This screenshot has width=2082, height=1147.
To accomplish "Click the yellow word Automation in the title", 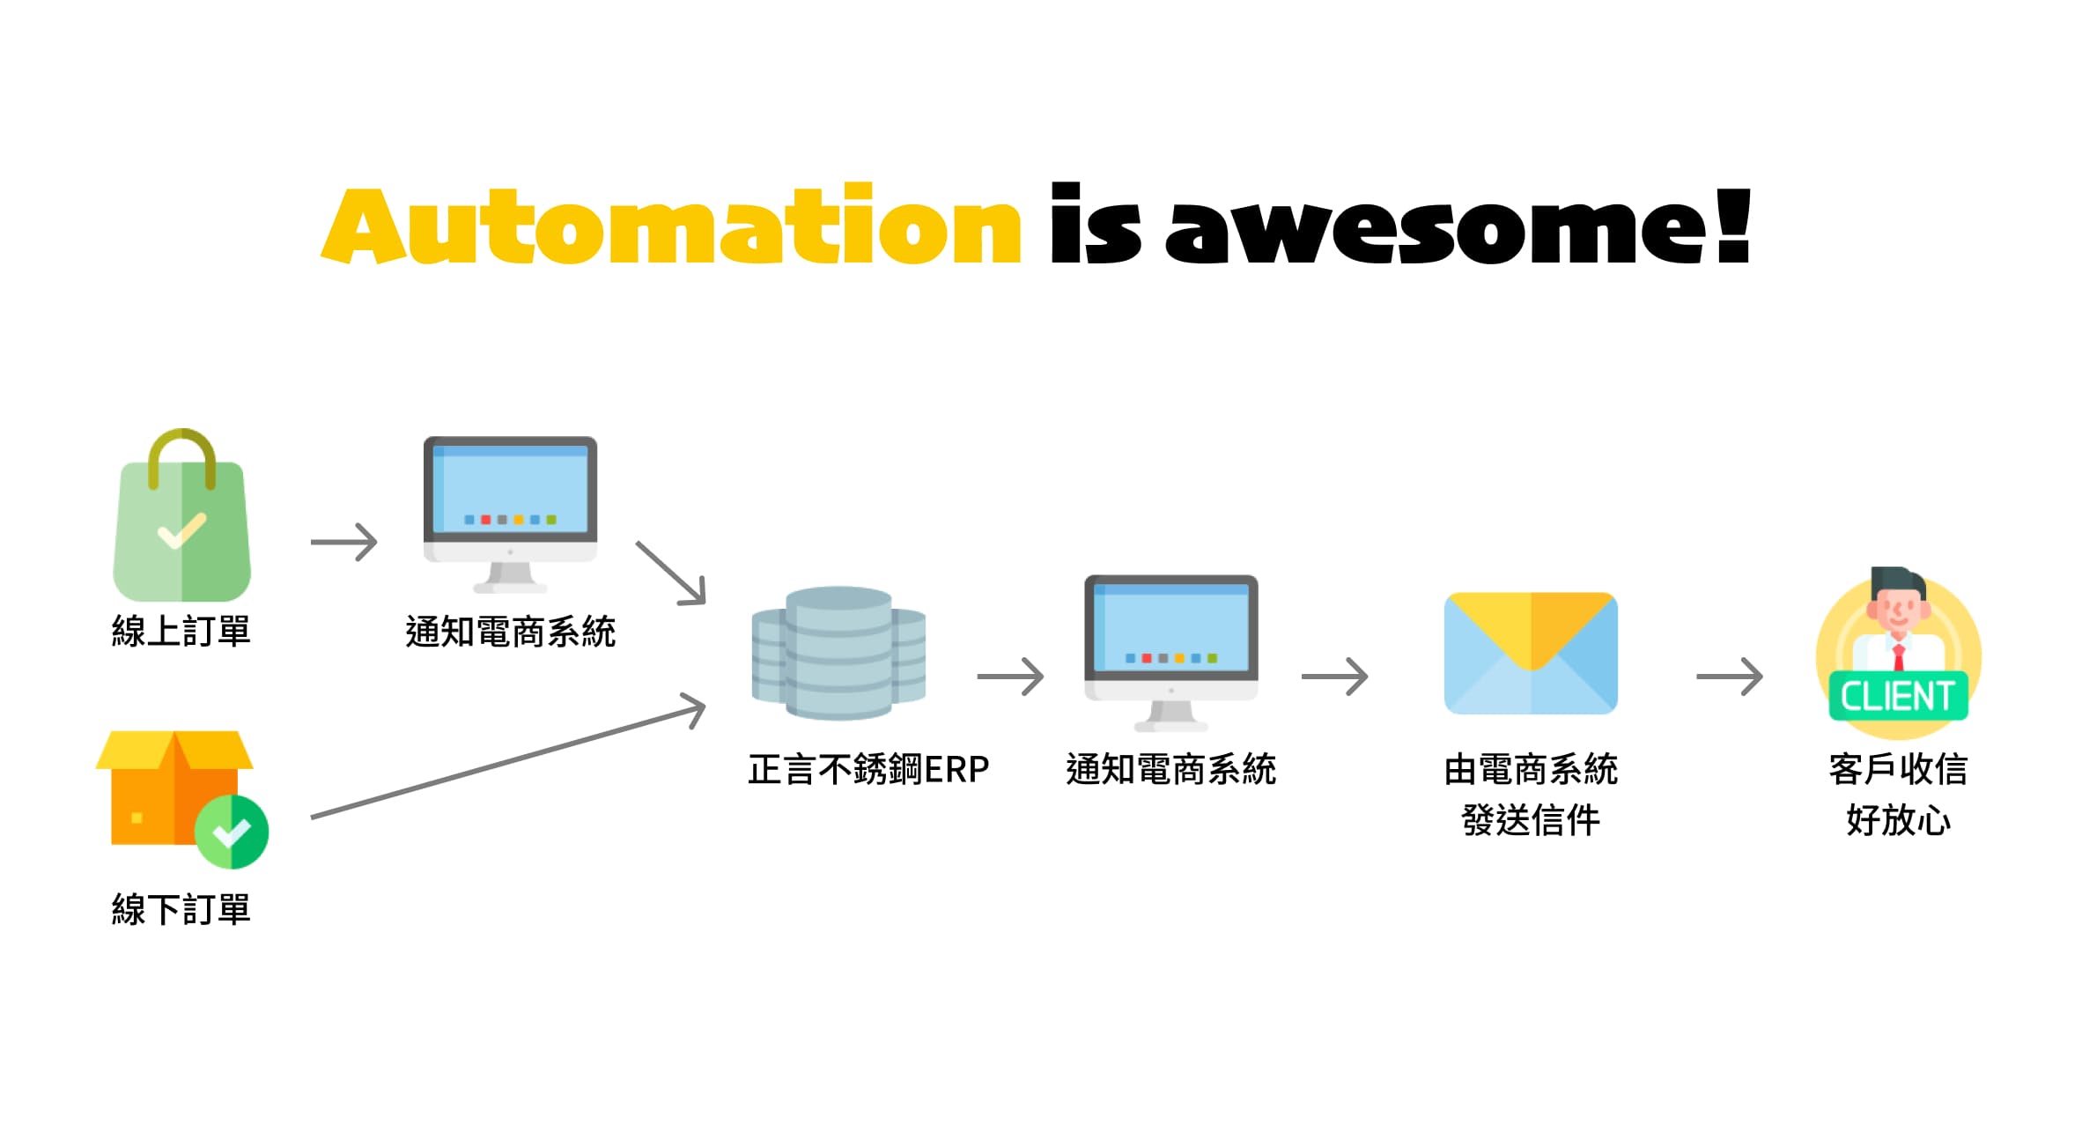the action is (671, 225).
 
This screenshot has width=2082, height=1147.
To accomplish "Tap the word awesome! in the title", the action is (1458, 225).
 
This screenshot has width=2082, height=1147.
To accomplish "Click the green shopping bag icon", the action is (182, 515).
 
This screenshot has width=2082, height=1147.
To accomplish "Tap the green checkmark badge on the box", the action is (232, 832).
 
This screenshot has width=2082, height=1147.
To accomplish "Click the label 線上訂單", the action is (181, 632).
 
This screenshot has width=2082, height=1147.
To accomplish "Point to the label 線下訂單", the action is (181, 909).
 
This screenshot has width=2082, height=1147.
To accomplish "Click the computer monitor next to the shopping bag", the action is (510, 514).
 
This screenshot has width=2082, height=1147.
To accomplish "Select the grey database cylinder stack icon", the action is (838, 653).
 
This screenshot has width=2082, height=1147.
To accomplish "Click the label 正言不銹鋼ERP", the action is (868, 769).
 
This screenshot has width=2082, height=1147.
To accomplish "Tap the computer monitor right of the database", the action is (1171, 653).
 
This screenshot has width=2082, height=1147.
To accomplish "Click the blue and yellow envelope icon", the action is (1532, 653).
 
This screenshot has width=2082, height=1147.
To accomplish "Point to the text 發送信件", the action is (1531, 820).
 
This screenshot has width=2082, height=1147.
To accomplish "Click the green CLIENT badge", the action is (1899, 696).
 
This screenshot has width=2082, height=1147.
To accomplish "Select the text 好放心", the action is (1899, 820).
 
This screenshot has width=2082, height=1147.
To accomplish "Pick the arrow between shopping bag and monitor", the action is (344, 542).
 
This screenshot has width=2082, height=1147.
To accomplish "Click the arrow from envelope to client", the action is (1730, 677).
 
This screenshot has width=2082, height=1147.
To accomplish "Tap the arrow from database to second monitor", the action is (1011, 677).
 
